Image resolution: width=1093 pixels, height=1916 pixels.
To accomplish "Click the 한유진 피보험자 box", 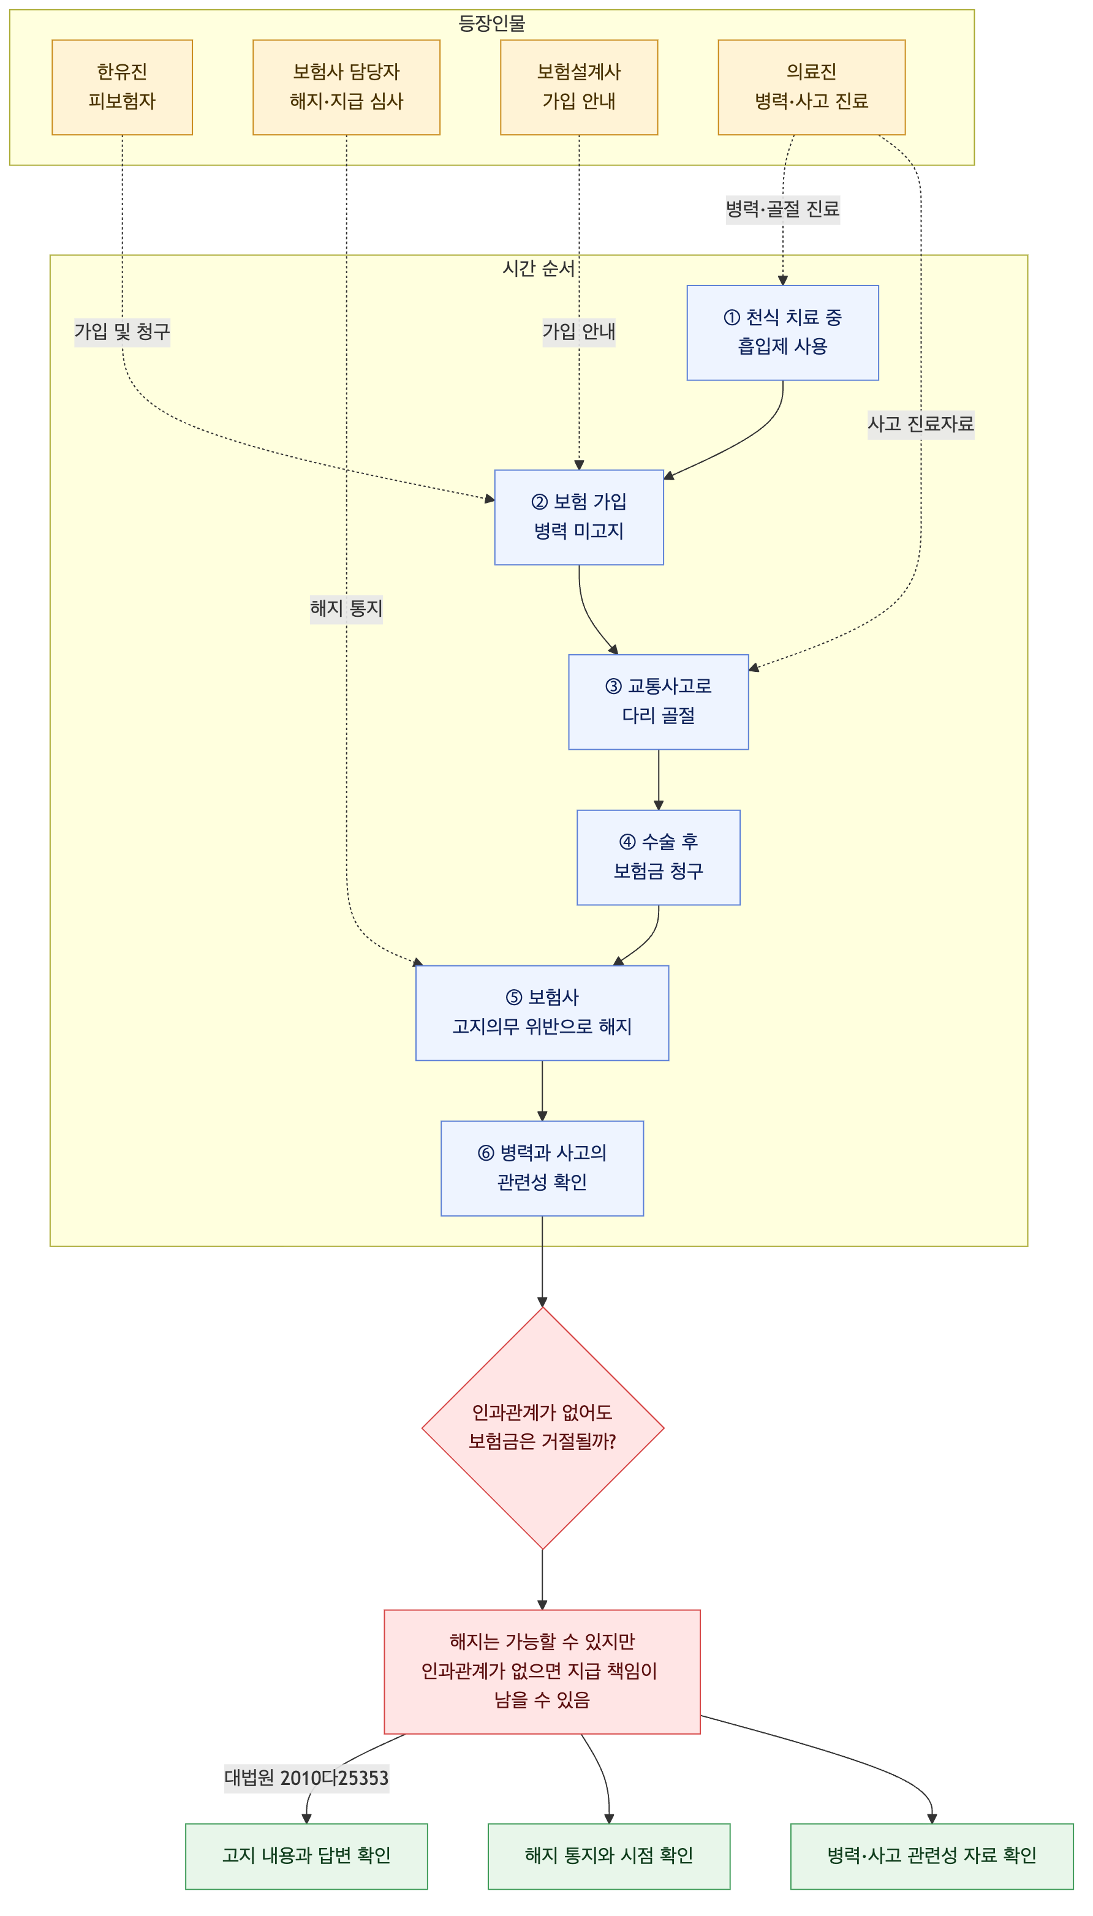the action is tap(123, 87).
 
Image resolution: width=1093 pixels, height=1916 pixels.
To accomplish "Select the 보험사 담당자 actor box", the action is tap(346, 87).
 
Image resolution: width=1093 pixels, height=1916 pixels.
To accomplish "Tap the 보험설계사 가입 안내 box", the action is tap(579, 87).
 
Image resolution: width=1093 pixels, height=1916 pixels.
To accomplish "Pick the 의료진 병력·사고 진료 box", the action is tap(812, 87).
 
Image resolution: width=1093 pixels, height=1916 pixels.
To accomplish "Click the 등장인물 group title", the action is tap(492, 24).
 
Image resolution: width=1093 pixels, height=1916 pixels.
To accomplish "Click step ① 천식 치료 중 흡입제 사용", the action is tap(782, 333).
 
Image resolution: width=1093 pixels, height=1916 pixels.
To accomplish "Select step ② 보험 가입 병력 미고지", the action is tap(579, 517).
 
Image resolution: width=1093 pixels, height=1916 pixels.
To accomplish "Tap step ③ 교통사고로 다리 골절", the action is tap(659, 702).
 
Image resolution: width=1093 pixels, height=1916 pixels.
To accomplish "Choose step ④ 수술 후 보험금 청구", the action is tap(659, 857).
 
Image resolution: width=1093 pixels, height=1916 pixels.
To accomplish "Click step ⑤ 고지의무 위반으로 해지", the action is tap(542, 1013).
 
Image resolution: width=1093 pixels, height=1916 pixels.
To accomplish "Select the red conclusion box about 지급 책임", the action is tap(542, 1672).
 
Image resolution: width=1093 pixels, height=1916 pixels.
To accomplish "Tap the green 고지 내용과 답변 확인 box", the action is tap(306, 1856).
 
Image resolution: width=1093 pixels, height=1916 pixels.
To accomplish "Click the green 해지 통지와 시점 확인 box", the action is tap(609, 1856).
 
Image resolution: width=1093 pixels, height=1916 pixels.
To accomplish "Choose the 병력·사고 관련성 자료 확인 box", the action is tap(932, 1856).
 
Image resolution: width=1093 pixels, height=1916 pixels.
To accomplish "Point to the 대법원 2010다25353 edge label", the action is tap(306, 1778).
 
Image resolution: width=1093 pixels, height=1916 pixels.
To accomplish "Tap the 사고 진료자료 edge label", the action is tap(920, 424).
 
